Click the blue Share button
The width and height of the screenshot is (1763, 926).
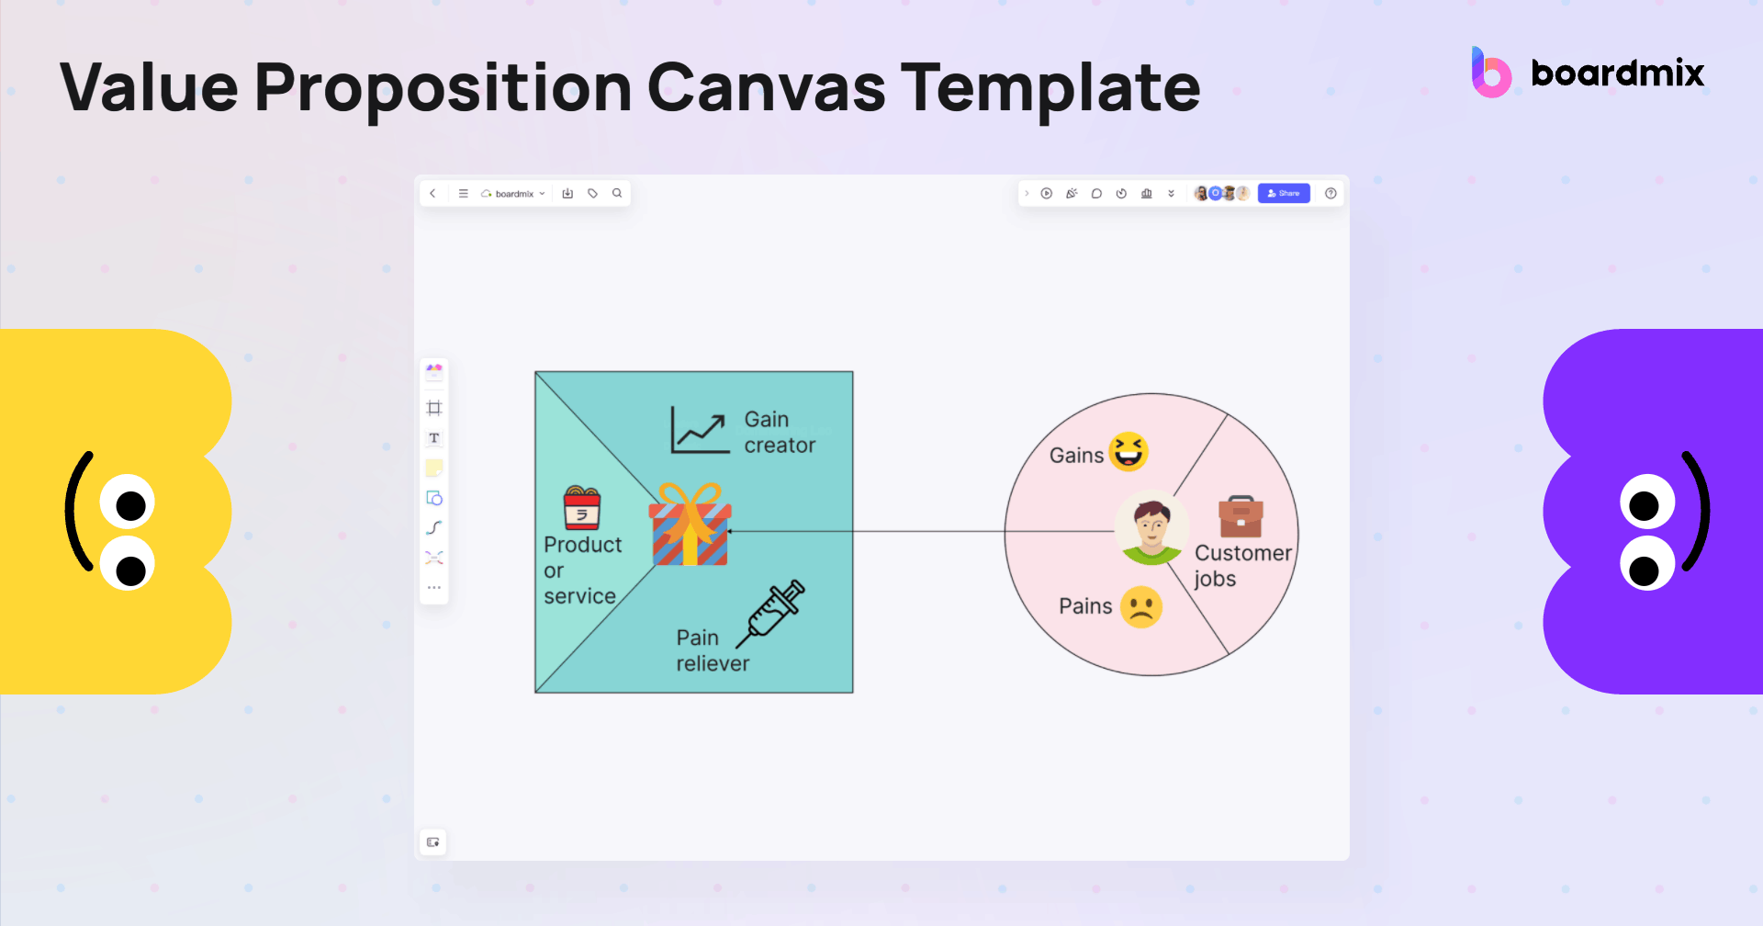click(1283, 193)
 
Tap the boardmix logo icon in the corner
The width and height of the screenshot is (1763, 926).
click(1491, 73)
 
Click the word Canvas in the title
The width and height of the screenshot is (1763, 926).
click(767, 88)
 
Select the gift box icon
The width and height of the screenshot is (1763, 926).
click(690, 525)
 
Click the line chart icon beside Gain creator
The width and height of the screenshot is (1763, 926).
click(699, 430)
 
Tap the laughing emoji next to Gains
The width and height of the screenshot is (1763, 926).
click(1129, 451)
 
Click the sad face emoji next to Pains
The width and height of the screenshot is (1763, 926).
click(1141, 607)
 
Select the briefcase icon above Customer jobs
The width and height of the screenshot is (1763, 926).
click(1241, 516)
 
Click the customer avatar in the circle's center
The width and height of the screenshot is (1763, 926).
click(1151, 529)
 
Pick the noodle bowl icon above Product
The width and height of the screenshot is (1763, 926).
click(581, 508)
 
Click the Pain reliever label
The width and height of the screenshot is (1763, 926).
click(713, 650)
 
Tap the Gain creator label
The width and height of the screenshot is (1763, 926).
click(780, 432)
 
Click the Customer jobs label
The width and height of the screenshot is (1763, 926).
click(1241, 566)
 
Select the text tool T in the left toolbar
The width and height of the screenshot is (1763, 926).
click(434, 438)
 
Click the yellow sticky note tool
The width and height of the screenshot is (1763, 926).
click(434, 468)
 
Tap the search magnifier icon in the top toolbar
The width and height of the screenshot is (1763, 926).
click(617, 193)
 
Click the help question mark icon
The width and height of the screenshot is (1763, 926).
click(1331, 193)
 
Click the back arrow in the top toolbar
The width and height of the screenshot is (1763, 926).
click(432, 193)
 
